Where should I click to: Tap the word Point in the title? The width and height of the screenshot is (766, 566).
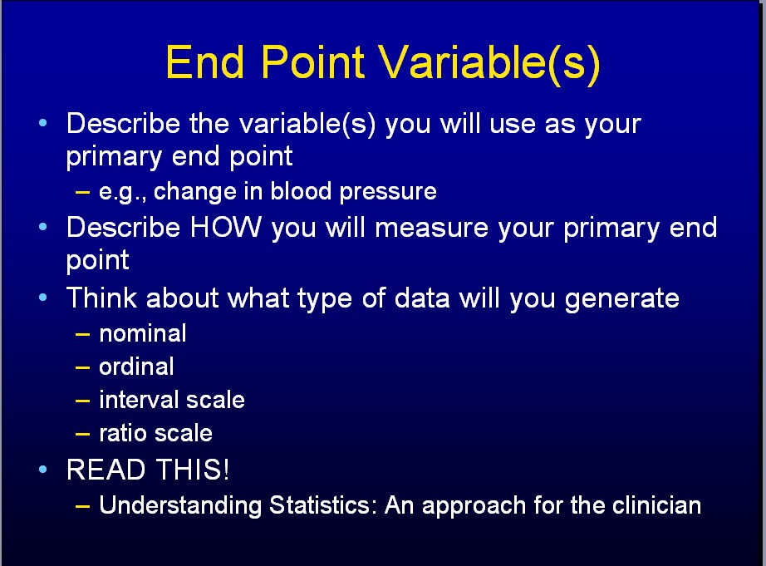pyautogui.click(x=313, y=62)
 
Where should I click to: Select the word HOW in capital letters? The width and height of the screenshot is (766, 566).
pyautogui.click(x=226, y=227)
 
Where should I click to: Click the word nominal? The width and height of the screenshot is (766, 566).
pyautogui.click(x=143, y=333)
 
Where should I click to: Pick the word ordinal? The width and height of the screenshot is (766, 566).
pyautogui.click(x=136, y=367)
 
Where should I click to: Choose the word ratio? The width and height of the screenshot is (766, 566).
pyautogui.click(x=123, y=433)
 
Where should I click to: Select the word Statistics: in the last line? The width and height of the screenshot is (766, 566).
pyautogui.click(x=323, y=504)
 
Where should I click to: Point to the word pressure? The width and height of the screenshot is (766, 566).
pyautogui.click(x=388, y=192)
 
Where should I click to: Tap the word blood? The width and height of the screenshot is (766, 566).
pyautogui.click(x=301, y=190)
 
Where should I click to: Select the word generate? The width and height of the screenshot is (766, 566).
pyautogui.click(x=622, y=299)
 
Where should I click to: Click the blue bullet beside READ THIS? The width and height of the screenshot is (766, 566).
pyautogui.click(x=43, y=470)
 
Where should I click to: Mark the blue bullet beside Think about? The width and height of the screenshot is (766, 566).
pyautogui.click(x=43, y=298)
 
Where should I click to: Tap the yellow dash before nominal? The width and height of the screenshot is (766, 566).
pyautogui.click(x=82, y=335)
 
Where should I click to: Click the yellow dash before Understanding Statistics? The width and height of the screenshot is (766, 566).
pyautogui.click(x=82, y=506)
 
